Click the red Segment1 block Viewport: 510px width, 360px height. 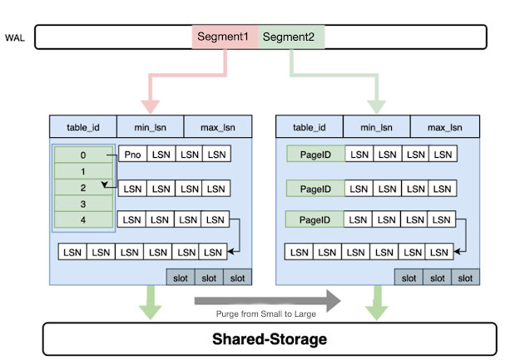click(225, 37)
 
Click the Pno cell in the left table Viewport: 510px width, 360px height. click(133, 155)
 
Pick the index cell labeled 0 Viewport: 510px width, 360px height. click(83, 155)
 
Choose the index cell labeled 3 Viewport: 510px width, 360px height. click(83, 204)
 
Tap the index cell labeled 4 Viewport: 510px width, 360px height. click(83, 219)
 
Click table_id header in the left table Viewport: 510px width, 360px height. click(83, 127)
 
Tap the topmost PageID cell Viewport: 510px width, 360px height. click(315, 155)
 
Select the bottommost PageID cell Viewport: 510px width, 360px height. click(315, 220)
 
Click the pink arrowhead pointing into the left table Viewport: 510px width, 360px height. click(151, 106)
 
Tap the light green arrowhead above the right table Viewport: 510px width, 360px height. click(375, 106)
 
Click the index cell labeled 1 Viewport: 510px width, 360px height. click(83, 171)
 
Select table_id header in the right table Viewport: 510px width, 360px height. click(309, 127)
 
